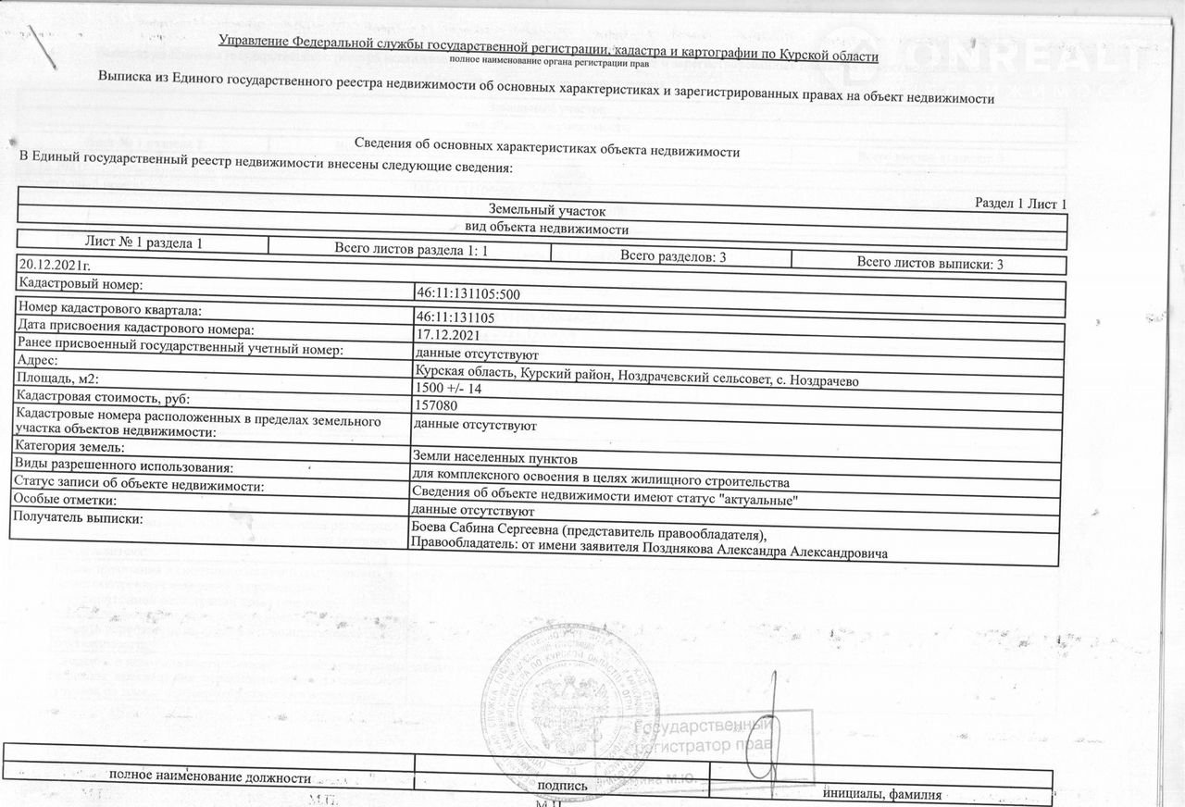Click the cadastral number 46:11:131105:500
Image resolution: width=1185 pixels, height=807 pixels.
(468, 294)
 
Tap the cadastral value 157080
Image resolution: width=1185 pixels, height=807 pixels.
(437, 404)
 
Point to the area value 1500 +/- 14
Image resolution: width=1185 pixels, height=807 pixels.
(451, 389)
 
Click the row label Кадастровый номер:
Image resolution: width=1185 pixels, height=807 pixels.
(81, 284)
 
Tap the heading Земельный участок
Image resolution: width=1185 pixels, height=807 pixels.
(546, 211)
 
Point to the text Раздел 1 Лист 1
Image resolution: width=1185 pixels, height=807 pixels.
(1021, 203)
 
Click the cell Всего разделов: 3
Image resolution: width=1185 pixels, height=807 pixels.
(672, 256)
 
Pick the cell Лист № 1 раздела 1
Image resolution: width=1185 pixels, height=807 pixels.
(143, 242)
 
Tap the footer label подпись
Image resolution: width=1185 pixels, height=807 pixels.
(562, 786)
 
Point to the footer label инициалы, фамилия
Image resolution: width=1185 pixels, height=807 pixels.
(882, 794)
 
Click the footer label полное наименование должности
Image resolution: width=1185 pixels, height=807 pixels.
(210, 776)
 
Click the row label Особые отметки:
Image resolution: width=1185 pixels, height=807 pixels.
(66, 499)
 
